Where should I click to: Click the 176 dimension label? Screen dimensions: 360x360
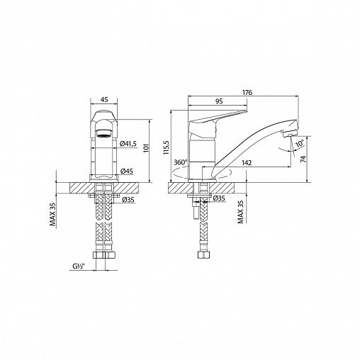[247, 92]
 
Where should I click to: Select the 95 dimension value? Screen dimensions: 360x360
[219, 101]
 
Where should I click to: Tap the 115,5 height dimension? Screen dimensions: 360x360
[167, 147]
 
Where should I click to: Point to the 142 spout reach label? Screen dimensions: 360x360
[247, 163]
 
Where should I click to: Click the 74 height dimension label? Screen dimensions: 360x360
[303, 159]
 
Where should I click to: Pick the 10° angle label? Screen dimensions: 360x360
[300, 144]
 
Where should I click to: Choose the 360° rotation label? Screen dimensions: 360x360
[181, 162]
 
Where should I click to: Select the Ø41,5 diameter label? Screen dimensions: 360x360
[128, 144]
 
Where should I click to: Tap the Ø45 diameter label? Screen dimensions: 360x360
[126, 171]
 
